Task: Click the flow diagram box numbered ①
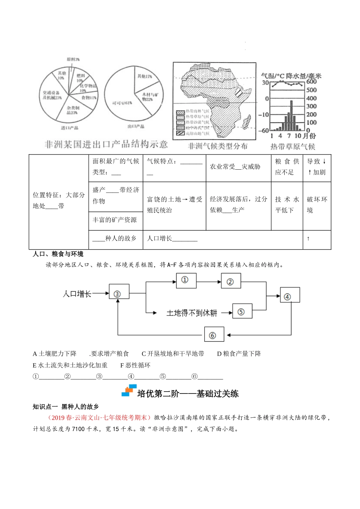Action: (x=186, y=280)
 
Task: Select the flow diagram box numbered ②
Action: (x=230, y=282)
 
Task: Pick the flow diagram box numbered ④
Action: (x=290, y=295)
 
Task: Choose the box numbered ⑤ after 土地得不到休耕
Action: (x=242, y=311)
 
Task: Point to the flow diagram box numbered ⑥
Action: (x=214, y=334)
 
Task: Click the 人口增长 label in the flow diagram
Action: (x=77, y=294)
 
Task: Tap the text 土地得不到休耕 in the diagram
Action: (x=192, y=313)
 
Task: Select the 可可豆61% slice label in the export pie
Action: (x=122, y=103)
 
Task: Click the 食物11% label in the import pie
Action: (x=89, y=98)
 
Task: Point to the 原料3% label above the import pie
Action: (x=73, y=59)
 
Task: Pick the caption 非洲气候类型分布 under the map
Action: (x=218, y=146)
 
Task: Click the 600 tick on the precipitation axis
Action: (x=311, y=81)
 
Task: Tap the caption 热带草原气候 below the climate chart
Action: (x=293, y=147)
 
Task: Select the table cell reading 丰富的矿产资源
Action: (x=115, y=220)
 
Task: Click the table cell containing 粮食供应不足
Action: (x=287, y=167)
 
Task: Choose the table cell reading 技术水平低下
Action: (x=287, y=205)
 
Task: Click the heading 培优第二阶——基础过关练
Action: (x=188, y=394)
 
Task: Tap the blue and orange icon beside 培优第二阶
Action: (x=128, y=391)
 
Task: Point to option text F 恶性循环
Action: (x=135, y=365)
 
